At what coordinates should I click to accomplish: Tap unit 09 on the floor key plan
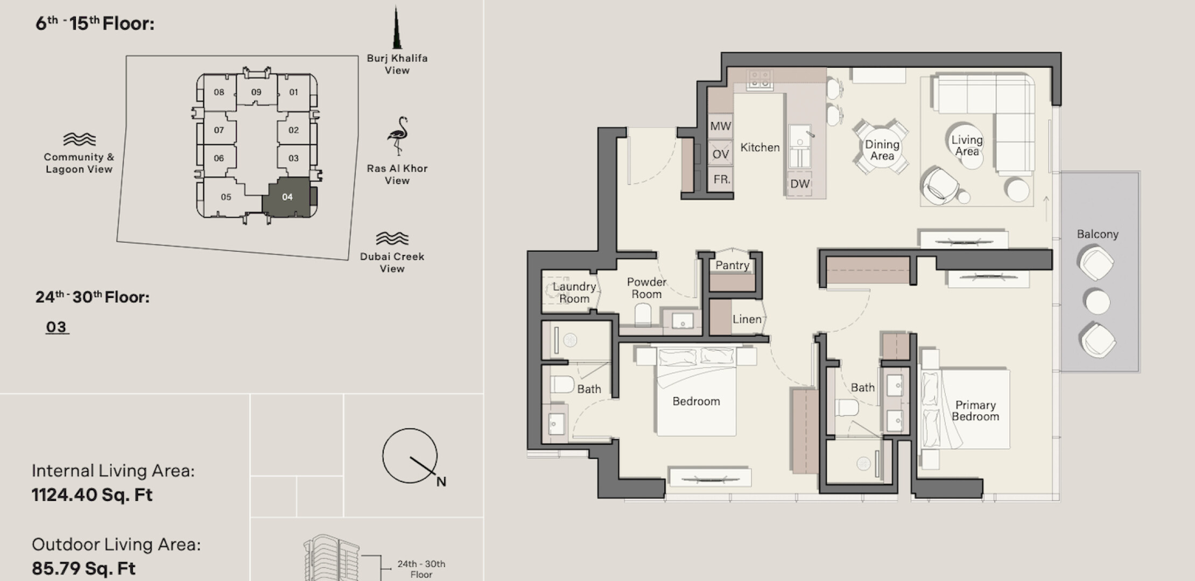[x=256, y=92]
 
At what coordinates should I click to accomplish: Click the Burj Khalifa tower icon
[x=397, y=27]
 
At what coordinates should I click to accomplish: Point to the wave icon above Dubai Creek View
[x=392, y=238]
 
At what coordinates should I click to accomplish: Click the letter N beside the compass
[x=441, y=481]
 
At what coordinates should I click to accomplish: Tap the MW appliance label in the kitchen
[x=720, y=126]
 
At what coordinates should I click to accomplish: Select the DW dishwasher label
[x=800, y=184]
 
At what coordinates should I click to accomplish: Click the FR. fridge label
[x=722, y=179]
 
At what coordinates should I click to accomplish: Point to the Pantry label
[x=732, y=265]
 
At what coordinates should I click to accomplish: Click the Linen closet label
[x=747, y=319]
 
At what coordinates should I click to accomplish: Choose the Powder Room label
[x=646, y=288]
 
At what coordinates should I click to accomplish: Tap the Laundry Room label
[x=574, y=293]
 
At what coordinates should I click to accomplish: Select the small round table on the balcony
[x=1097, y=302]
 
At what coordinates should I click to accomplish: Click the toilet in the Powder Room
[x=643, y=315]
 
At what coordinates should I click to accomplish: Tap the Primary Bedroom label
[x=975, y=410]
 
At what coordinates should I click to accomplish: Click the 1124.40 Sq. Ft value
[x=92, y=495]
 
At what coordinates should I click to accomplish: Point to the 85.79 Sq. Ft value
[x=83, y=568]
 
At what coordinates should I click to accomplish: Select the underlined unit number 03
[x=57, y=327]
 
